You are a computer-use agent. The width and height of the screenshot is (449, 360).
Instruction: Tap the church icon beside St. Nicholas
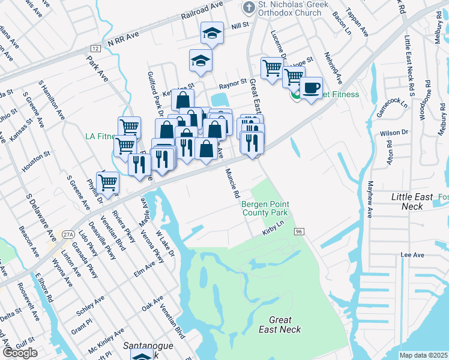[x=248, y=7]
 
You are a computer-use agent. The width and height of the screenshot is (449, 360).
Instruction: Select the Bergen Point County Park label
[x=265, y=208]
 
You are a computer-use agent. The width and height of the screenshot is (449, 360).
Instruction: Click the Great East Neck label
[x=280, y=325]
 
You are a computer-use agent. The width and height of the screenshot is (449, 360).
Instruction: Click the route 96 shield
[x=298, y=231]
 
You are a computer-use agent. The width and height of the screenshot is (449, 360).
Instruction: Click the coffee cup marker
[x=311, y=88]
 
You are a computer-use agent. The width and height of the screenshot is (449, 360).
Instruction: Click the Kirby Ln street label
[x=272, y=230]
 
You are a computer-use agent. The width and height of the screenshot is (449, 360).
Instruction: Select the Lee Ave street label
[x=412, y=255]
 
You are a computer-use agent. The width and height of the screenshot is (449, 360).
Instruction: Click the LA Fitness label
[x=99, y=137]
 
